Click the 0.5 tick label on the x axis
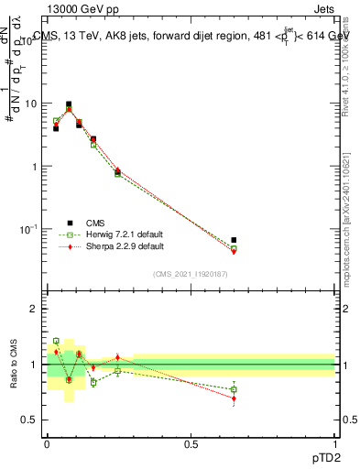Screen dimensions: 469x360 [191, 445]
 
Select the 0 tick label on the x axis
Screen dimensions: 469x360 [48, 445]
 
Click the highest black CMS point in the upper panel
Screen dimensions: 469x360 [69, 104]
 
